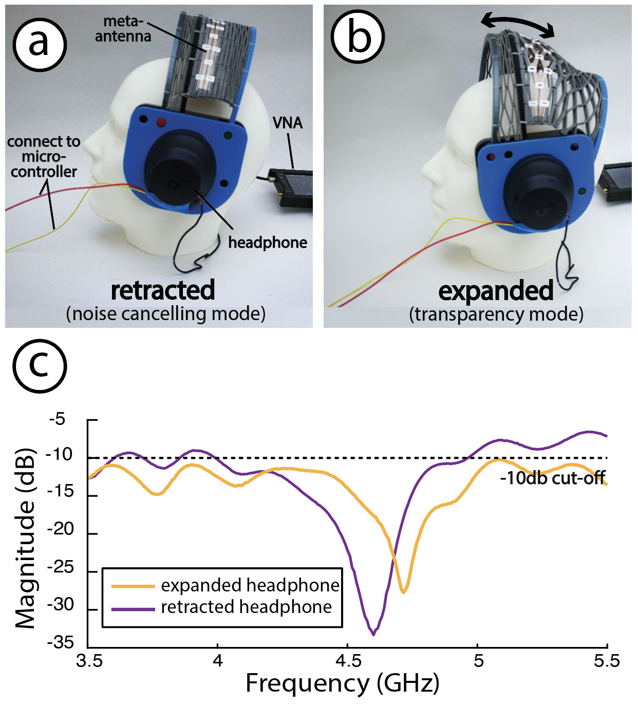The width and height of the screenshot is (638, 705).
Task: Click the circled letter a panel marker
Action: tap(40, 44)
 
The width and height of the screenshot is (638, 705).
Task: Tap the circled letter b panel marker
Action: tap(358, 36)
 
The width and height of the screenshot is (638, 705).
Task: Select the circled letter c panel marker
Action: tap(40, 365)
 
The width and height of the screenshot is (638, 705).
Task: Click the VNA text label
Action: tap(287, 123)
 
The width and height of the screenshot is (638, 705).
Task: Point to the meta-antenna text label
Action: tap(123, 29)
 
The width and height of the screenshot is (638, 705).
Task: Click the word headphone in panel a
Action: tap(267, 243)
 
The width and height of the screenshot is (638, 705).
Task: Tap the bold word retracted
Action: tap(163, 290)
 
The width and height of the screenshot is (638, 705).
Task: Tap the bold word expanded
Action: tap(496, 291)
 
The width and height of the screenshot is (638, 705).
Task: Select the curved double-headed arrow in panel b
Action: tap(518, 25)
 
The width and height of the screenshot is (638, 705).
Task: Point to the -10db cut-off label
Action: tap(552, 478)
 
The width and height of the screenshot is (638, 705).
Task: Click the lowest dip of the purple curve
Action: tap(373, 634)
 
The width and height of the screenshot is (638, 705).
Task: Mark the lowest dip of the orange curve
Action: tap(404, 591)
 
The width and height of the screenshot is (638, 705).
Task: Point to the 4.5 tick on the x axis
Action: tap(347, 661)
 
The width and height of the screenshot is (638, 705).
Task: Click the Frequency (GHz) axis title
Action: tap(342, 684)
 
